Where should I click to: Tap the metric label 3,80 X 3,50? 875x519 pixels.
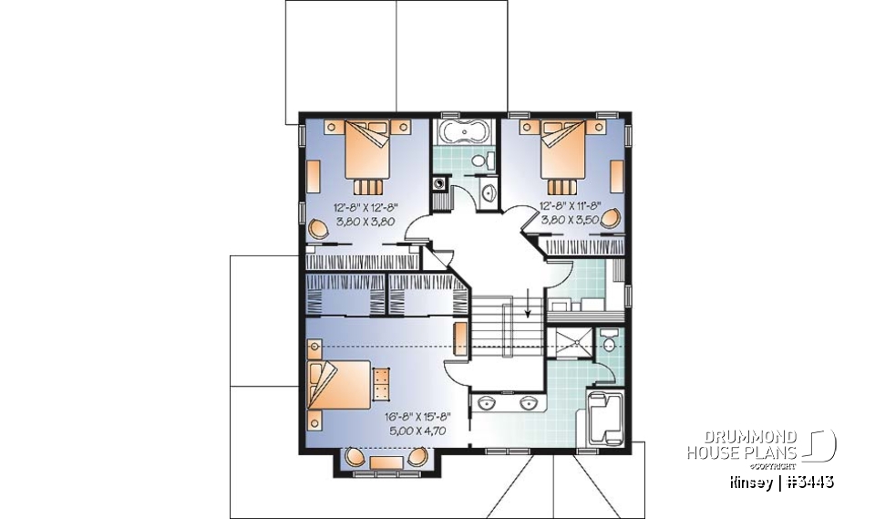click(568, 219)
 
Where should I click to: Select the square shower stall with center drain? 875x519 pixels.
click(573, 346)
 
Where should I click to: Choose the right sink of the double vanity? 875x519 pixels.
click(527, 402)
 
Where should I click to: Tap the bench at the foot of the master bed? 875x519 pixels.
click(381, 383)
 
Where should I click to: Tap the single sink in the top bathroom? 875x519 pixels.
click(487, 192)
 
